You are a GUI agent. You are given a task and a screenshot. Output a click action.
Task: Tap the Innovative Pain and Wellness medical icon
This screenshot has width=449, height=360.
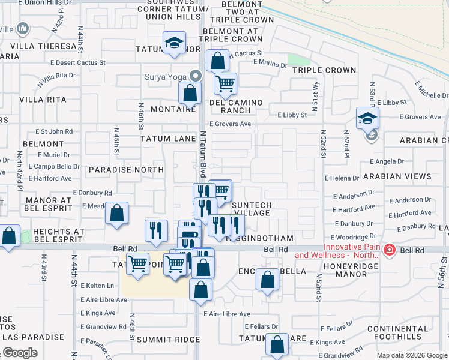click(389, 250)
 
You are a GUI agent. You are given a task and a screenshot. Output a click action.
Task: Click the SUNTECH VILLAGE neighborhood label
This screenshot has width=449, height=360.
click(252, 209)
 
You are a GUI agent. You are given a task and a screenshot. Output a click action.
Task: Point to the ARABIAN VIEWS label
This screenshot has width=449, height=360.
click(397, 176)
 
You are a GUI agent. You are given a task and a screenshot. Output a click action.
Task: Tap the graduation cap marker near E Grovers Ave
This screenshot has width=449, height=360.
click(367, 118)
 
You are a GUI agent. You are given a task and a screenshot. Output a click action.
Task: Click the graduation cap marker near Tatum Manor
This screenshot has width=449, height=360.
click(175, 43)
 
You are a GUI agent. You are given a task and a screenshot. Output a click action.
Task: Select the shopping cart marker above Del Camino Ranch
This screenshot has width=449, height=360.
click(225, 84)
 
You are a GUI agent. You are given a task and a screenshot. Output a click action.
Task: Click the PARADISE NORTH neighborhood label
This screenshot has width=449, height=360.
click(126, 170)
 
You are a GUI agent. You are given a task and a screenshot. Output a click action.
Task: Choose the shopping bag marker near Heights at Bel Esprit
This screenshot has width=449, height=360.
click(9, 236)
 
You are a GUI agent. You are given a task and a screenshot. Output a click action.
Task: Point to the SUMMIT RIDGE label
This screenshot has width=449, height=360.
click(159, 340)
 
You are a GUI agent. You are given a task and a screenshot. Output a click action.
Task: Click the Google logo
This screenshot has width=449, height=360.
click(20, 353)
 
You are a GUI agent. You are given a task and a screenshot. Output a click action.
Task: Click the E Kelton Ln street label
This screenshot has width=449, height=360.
click(97, 286)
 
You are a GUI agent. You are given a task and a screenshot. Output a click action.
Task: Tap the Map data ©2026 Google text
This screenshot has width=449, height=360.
click(412, 355)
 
